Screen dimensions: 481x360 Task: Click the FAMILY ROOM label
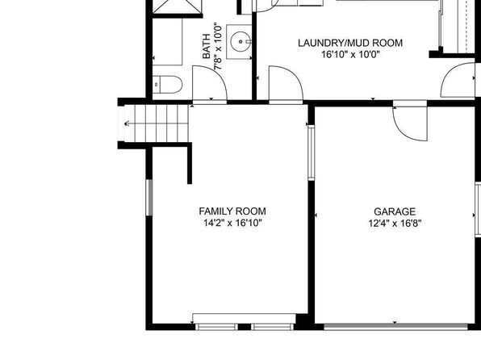(x=232, y=211)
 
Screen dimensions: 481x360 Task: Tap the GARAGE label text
(x=395, y=211)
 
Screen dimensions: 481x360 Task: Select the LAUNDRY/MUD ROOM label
(x=350, y=43)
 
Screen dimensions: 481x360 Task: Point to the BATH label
(x=207, y=46)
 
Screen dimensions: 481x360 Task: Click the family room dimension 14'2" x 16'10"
(x=232, y=223)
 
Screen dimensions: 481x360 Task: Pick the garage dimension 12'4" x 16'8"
(x=395, y=223)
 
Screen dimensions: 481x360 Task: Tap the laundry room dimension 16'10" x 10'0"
(x=350, y=55)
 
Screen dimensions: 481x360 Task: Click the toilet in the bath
(x=168, y=85)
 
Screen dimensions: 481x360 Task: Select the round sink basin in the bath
(x=240, y=41)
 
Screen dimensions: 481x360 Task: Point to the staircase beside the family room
(x=157, y=123)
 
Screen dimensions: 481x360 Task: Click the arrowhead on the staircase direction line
(x=126, y=123)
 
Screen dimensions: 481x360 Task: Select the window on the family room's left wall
(x=149, y=197)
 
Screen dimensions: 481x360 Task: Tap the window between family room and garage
(x=312, y=153)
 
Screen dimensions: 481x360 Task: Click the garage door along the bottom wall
(x=395, y=327)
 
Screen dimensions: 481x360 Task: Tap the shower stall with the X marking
(x=178, y=6)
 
